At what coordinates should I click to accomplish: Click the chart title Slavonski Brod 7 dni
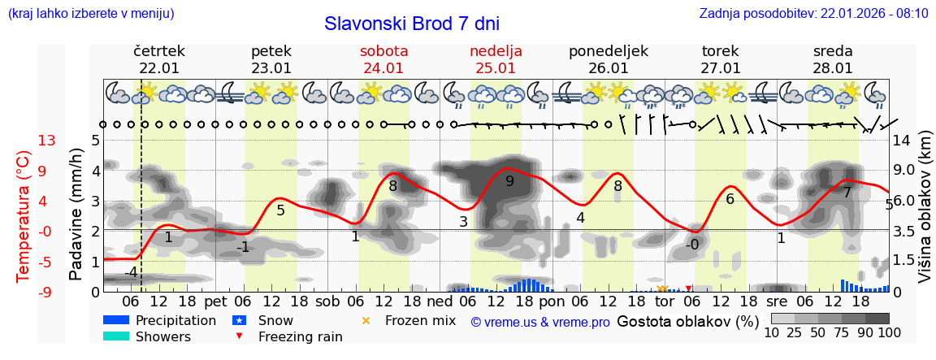tap(412, 24)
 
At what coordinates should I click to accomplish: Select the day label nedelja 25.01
tap(496, 59)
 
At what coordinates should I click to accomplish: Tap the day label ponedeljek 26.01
tap(608, 59)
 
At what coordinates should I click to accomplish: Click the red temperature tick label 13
tap(46, 141)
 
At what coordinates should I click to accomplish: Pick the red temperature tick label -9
tap(46, 292)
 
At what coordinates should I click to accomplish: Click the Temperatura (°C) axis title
tap(23, 216)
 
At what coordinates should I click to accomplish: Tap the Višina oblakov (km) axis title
tap(924, 215)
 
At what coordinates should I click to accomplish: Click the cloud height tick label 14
tap(901, 140)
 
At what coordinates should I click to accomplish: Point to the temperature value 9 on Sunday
tap(509, 181)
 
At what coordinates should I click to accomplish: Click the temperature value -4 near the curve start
tap(131, 272)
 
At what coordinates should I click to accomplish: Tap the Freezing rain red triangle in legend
tap(238, 336)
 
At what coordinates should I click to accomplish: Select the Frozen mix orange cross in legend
tap(365, 320)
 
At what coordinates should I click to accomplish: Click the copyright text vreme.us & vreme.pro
tap(540, 322)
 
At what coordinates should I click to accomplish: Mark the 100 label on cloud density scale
tap(889, 333)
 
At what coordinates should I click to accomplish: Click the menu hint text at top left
tap(90, 13)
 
